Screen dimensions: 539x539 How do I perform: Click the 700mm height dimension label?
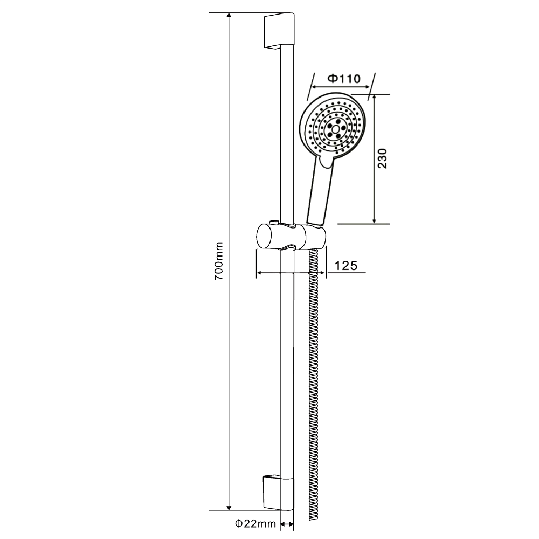click(x=218, y=261)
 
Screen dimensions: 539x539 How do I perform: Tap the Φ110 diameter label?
click(x=344, y=79)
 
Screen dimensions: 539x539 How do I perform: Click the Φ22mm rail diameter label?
click(x=255, y=523)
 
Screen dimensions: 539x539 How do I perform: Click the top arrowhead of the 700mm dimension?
click(x=230, y=16)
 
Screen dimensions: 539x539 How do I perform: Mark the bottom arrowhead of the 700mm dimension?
click(x=230, y=506)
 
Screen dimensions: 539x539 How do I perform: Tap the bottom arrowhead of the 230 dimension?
click(x=375, y=220)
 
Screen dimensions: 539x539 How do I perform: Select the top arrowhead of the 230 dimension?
click(x=375, y=98)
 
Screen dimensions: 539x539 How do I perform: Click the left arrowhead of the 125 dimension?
click(x=259, y=273)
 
